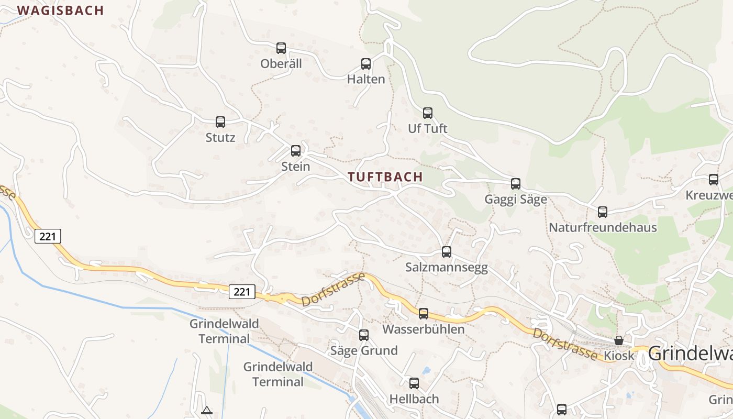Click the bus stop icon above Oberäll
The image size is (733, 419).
tap(281, 48)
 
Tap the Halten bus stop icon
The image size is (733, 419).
tap(366, 64)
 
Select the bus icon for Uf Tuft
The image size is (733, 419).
tap(428, 113)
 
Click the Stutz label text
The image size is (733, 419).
tap(220, 138)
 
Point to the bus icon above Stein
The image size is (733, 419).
tap(296, 151)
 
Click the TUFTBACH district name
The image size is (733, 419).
tap(385, 177)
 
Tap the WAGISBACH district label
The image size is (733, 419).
tap(60, 10)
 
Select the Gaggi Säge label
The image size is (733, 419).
tap(516, 200)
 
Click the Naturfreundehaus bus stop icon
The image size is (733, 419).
tap(603, 212)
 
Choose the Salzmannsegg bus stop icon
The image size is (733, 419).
tap(447, 252)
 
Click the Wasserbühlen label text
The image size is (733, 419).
tap(424, 329)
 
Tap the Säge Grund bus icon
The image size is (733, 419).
tap(364, 335)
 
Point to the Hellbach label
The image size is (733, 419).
tap(414, 399)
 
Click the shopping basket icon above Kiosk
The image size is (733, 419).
tap(619, 340)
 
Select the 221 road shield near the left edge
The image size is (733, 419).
tap(48, 236)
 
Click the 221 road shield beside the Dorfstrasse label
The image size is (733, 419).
tap(242, 291)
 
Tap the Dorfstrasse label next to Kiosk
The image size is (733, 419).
tap(564, 344)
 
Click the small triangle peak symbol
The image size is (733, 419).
tap(206, 410)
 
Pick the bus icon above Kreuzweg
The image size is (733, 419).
tap(714, 180)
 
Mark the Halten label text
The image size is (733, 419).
tap(366, 80)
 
